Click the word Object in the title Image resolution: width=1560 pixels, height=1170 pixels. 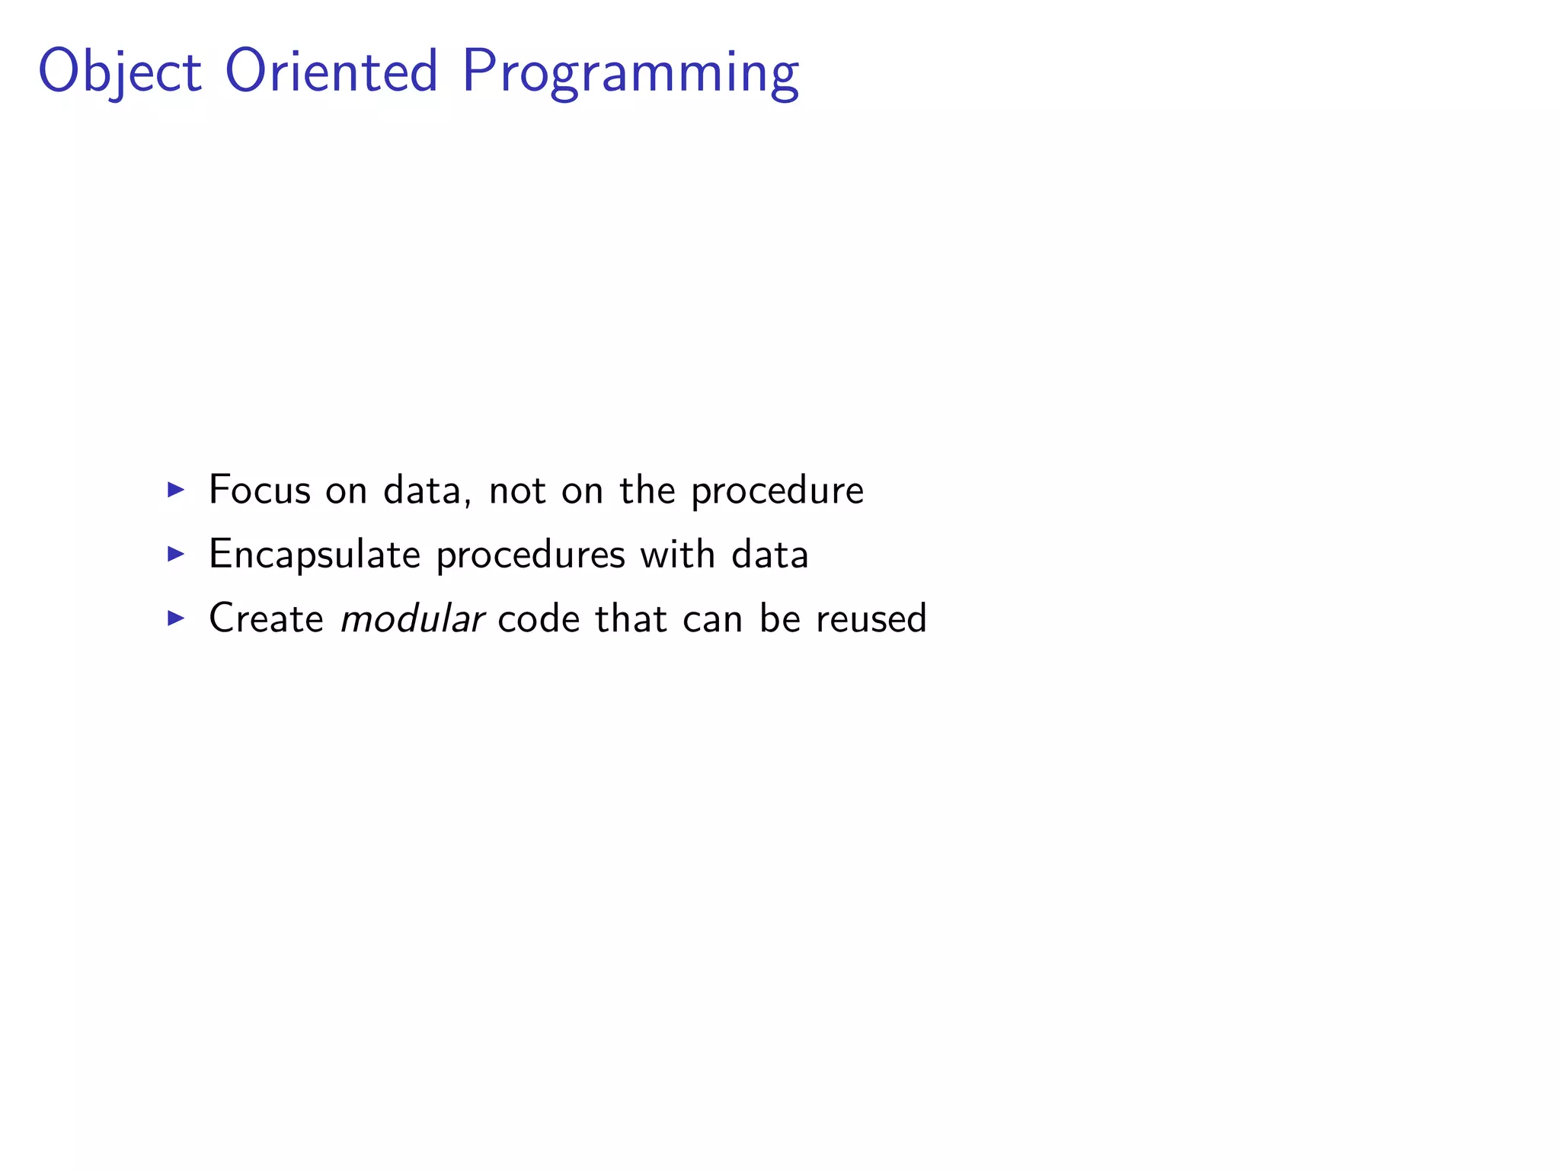pyautogui.click(x=120, y=72)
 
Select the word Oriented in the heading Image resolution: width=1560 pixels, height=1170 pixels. pyautogui.click(x=331, y=71)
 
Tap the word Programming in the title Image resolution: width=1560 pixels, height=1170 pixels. pyautogui.click(x=630, y=72)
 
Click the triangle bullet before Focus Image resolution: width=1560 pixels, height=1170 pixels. pyautogui.click(x=176, y=489)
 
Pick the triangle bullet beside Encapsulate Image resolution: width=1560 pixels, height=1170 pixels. pyautogui.click(x=176, y=554)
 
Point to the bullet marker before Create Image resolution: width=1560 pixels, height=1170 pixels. pyautogui.click(x=176, y=618)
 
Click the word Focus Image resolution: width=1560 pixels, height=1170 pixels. pyautogui.click(x=260, y=490)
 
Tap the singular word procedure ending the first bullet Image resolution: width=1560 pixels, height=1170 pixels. pyautogui.click(x=777, y=491)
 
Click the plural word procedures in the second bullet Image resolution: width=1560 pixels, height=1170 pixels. pyautogui.click(x=530, y=555)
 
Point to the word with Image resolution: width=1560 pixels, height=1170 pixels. pyautogui.click(x=677, y=554)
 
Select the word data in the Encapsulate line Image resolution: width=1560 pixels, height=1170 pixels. pyautogui.click(x=769, y=555)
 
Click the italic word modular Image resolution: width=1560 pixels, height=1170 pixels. pyautogui.click(x=412, y=618)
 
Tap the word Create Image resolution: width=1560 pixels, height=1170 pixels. pyautogui.click(x=266, y=618)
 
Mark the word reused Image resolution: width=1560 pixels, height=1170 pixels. pyautogui.click(x=871, y=618)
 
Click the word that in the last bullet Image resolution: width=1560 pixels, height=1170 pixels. pyautogui.click(x=631, y=618)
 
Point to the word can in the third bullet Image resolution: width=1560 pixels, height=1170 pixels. pyautogui.click(x=713, y=619)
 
